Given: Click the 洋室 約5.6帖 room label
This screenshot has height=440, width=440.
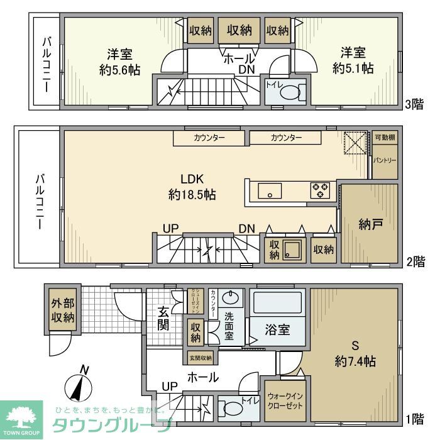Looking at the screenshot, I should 119,61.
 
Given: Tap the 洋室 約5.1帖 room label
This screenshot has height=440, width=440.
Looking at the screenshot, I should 357,60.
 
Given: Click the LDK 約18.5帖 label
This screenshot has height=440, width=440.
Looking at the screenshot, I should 192,187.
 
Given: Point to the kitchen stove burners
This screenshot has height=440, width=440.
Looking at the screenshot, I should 320,190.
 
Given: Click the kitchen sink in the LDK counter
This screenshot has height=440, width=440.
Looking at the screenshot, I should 269,190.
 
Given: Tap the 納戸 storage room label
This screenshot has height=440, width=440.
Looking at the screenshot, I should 370,224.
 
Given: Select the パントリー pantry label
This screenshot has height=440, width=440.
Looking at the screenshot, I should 385,160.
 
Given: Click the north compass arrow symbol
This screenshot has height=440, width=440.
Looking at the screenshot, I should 80,386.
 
